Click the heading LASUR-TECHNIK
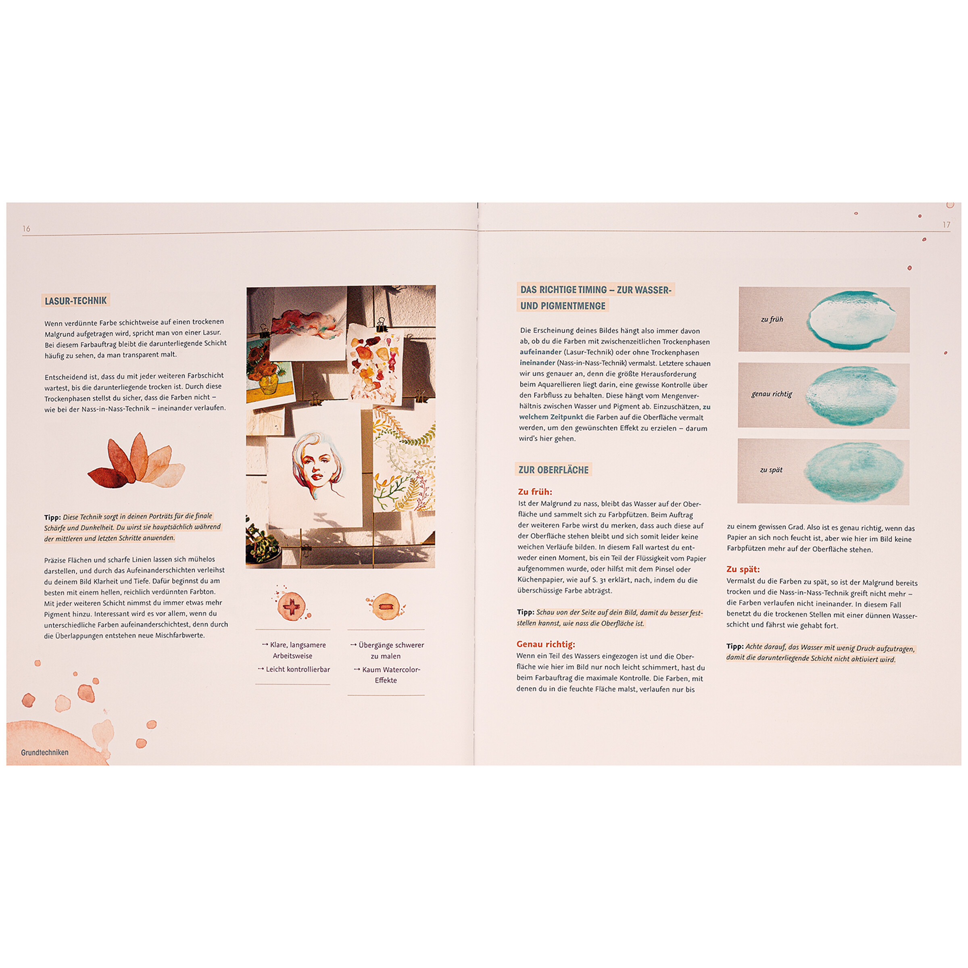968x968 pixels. pyautogui.click(x=76, y=300)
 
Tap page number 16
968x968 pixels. pyautogui.click(x=26, y=228)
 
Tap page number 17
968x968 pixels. pyautogui.click(x=946, y=225)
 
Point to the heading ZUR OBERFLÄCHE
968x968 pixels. pyautogui.click(x=553, y=470)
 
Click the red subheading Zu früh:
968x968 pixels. pyautogui.click(x=535, y=492)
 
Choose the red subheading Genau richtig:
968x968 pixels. pyautogui.click(x=546, y=645)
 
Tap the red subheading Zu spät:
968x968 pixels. pyautogui.click(x=743, y=569)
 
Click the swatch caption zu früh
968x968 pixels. pyautogui.click(x=772, y=319)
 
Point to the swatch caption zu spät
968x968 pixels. pyautogui.click(x=771, y=469)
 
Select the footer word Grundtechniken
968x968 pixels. pyautogui.click(x=45, y=752)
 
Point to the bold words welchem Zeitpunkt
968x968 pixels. pyautogui.click(x=551, y=417)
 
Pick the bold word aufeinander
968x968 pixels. pyautogui.click(x=540, y=352)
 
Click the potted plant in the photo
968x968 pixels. pyautogui.click(x=263, y=542)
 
